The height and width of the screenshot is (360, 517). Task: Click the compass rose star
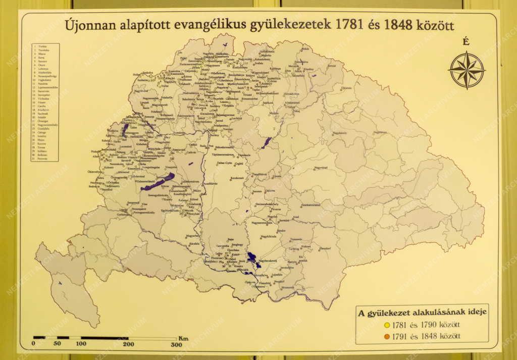click(x=466, y=70)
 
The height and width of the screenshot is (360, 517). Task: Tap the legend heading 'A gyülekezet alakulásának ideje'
click(x=422, y=312)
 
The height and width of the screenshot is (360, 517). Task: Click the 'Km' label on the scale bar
click(x=183, y=338)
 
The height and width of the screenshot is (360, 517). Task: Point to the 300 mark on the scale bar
click(x=176, y=344)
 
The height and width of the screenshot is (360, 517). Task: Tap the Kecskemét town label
click(x=237, y=178)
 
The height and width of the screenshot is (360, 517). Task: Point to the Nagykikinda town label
click(x=269, y=236)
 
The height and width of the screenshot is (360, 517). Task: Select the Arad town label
click(x=295, y=217)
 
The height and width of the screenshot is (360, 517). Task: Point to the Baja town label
click(x=230, y=239)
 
